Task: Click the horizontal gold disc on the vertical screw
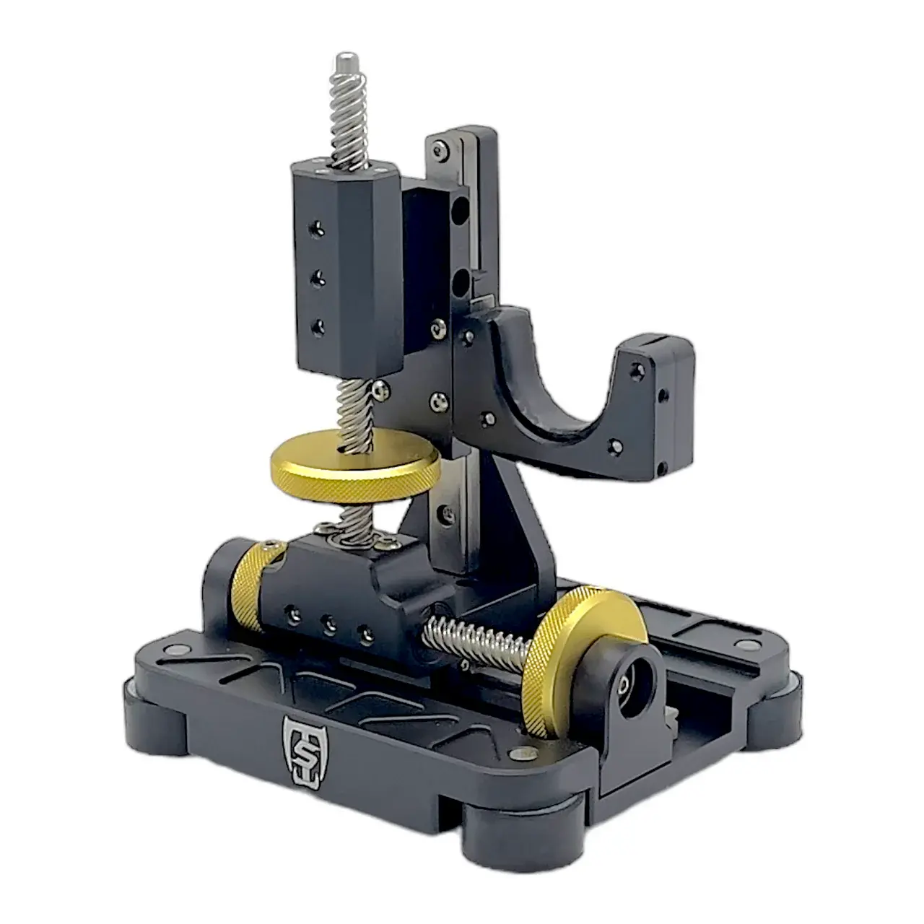point(355,466)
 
